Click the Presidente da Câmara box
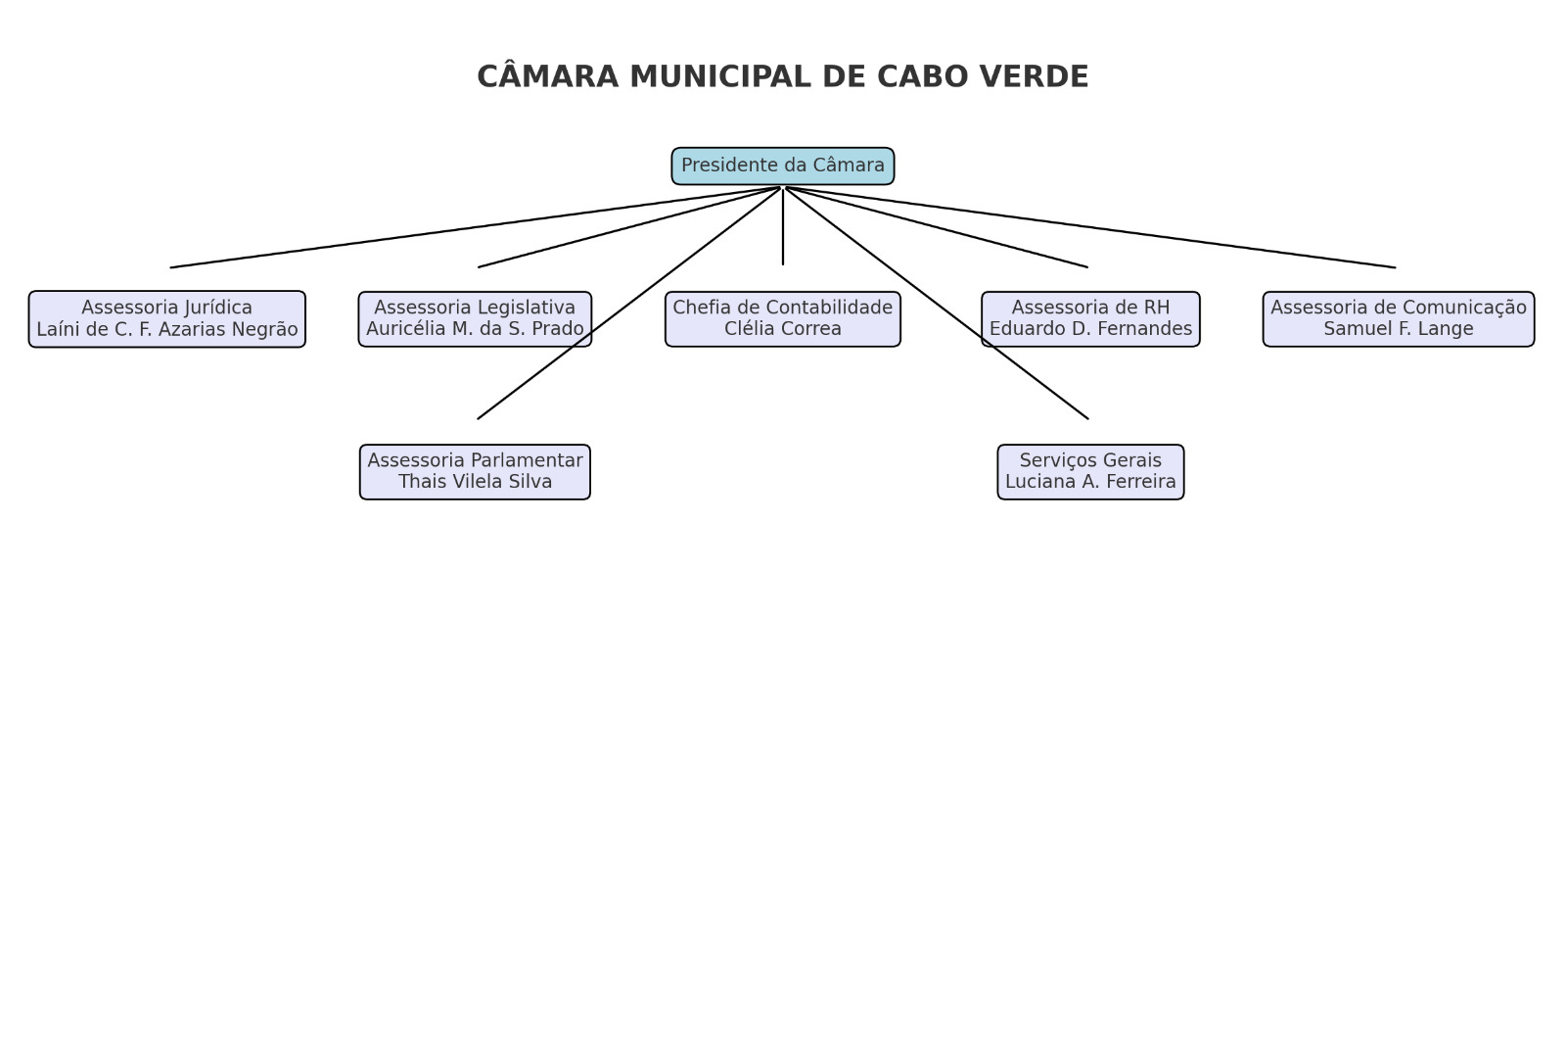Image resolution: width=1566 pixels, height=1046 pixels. pos(782,166)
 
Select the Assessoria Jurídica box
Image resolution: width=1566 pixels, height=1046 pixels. pos(167,319)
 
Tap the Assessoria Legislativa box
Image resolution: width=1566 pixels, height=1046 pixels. pos(475,319)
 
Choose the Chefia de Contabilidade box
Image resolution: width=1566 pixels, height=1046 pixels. pos(782,319)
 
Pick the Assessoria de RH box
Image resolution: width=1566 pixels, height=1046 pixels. pos(1090,319)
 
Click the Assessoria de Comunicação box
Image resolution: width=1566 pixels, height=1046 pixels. pos(1399,319)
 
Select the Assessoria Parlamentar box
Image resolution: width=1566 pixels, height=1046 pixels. pos(475,471)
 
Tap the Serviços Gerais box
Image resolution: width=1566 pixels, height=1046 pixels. pos(1090,471)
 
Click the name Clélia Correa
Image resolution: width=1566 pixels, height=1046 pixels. pos(782,329)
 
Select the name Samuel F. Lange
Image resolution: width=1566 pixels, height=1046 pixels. pos(1399,329)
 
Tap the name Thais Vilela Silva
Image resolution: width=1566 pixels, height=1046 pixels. pos(475,481)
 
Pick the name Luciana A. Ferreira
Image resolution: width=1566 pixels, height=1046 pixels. pos(1090,481)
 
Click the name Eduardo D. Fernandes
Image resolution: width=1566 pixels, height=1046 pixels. pos(1090,329)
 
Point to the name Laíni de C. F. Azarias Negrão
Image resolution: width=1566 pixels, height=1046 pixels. pos(167,329)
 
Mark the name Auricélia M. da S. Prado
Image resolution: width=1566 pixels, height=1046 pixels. pos(475,329)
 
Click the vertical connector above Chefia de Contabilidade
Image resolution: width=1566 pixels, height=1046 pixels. pos(782,226)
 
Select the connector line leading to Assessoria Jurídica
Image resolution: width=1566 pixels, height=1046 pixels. pos(475,227)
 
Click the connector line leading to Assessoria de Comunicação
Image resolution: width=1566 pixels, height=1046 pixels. pos(1090,227)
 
